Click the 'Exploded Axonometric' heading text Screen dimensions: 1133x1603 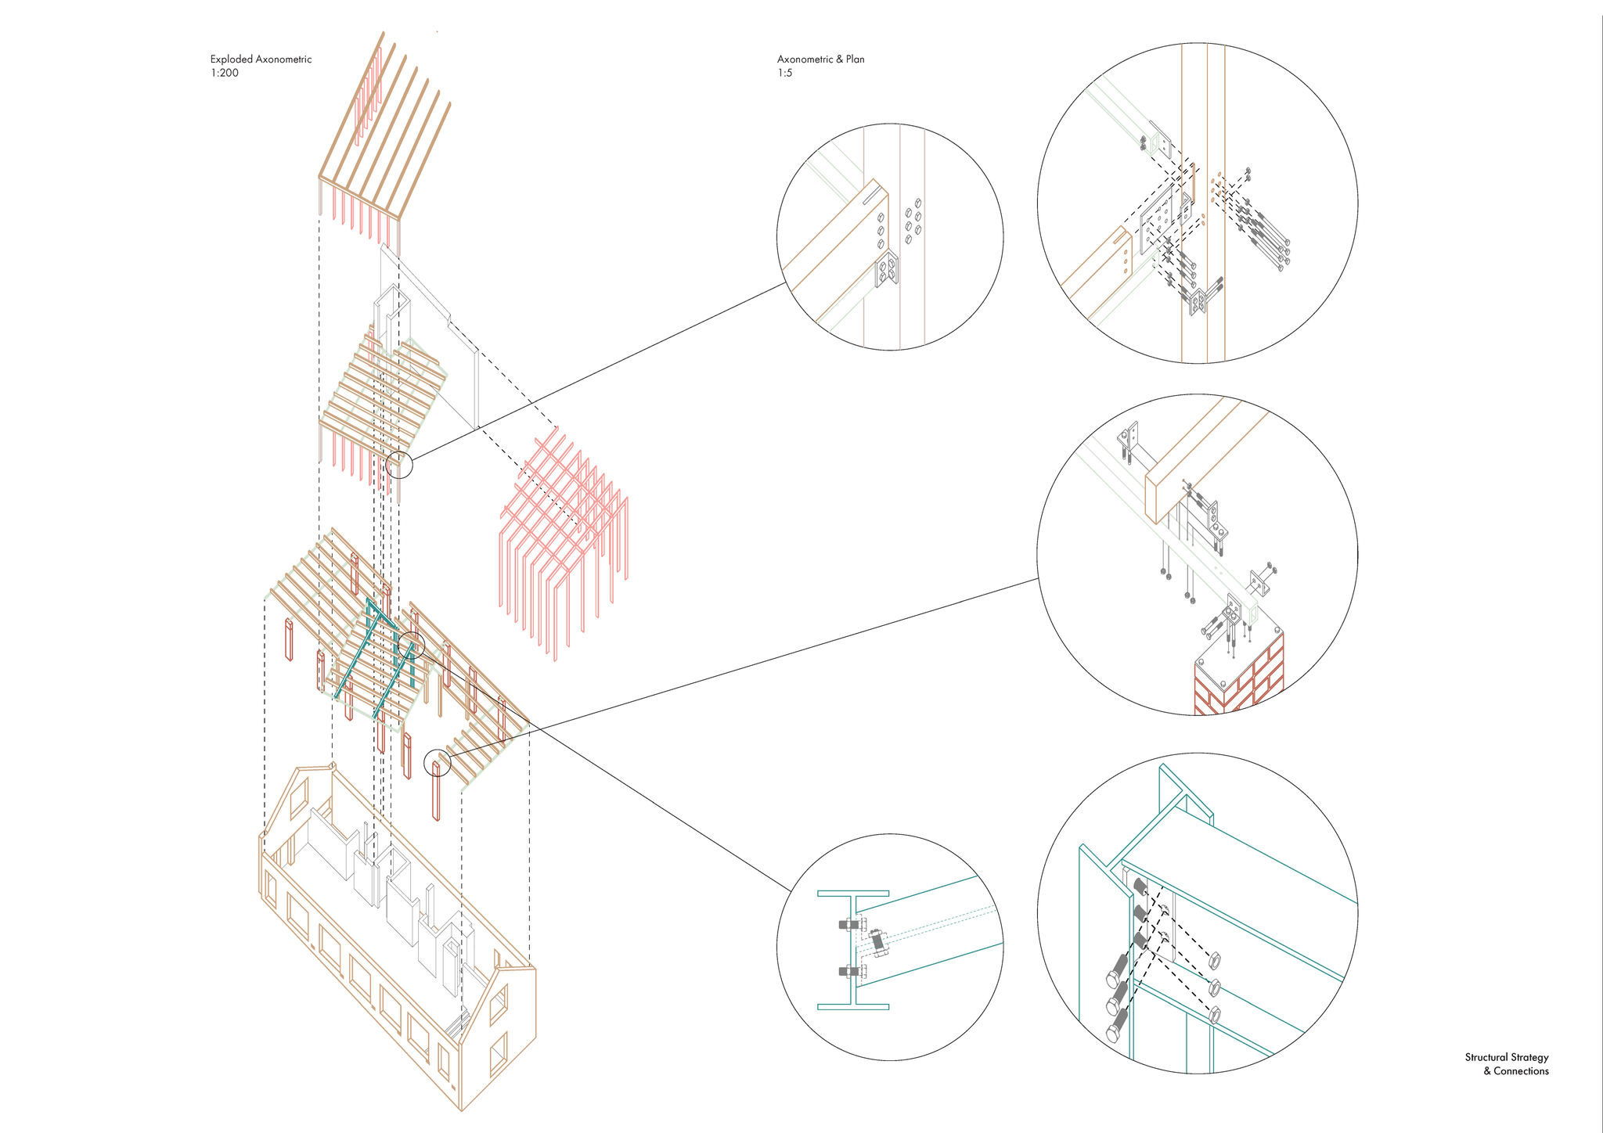(261, 59)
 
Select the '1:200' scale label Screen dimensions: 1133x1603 (224, 74)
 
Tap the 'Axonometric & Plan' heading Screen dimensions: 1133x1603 (820, 59)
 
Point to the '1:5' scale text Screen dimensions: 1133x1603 (784, 74)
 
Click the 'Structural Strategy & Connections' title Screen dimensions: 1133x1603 (1507, 1064)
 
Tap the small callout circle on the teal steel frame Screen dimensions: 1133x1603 (411, 646)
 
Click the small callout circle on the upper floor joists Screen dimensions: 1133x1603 (399, 466)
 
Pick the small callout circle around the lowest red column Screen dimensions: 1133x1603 (438, 763)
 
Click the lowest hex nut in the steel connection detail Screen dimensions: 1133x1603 (1216, 1015)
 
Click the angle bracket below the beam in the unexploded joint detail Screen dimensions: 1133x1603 (887, 269)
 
